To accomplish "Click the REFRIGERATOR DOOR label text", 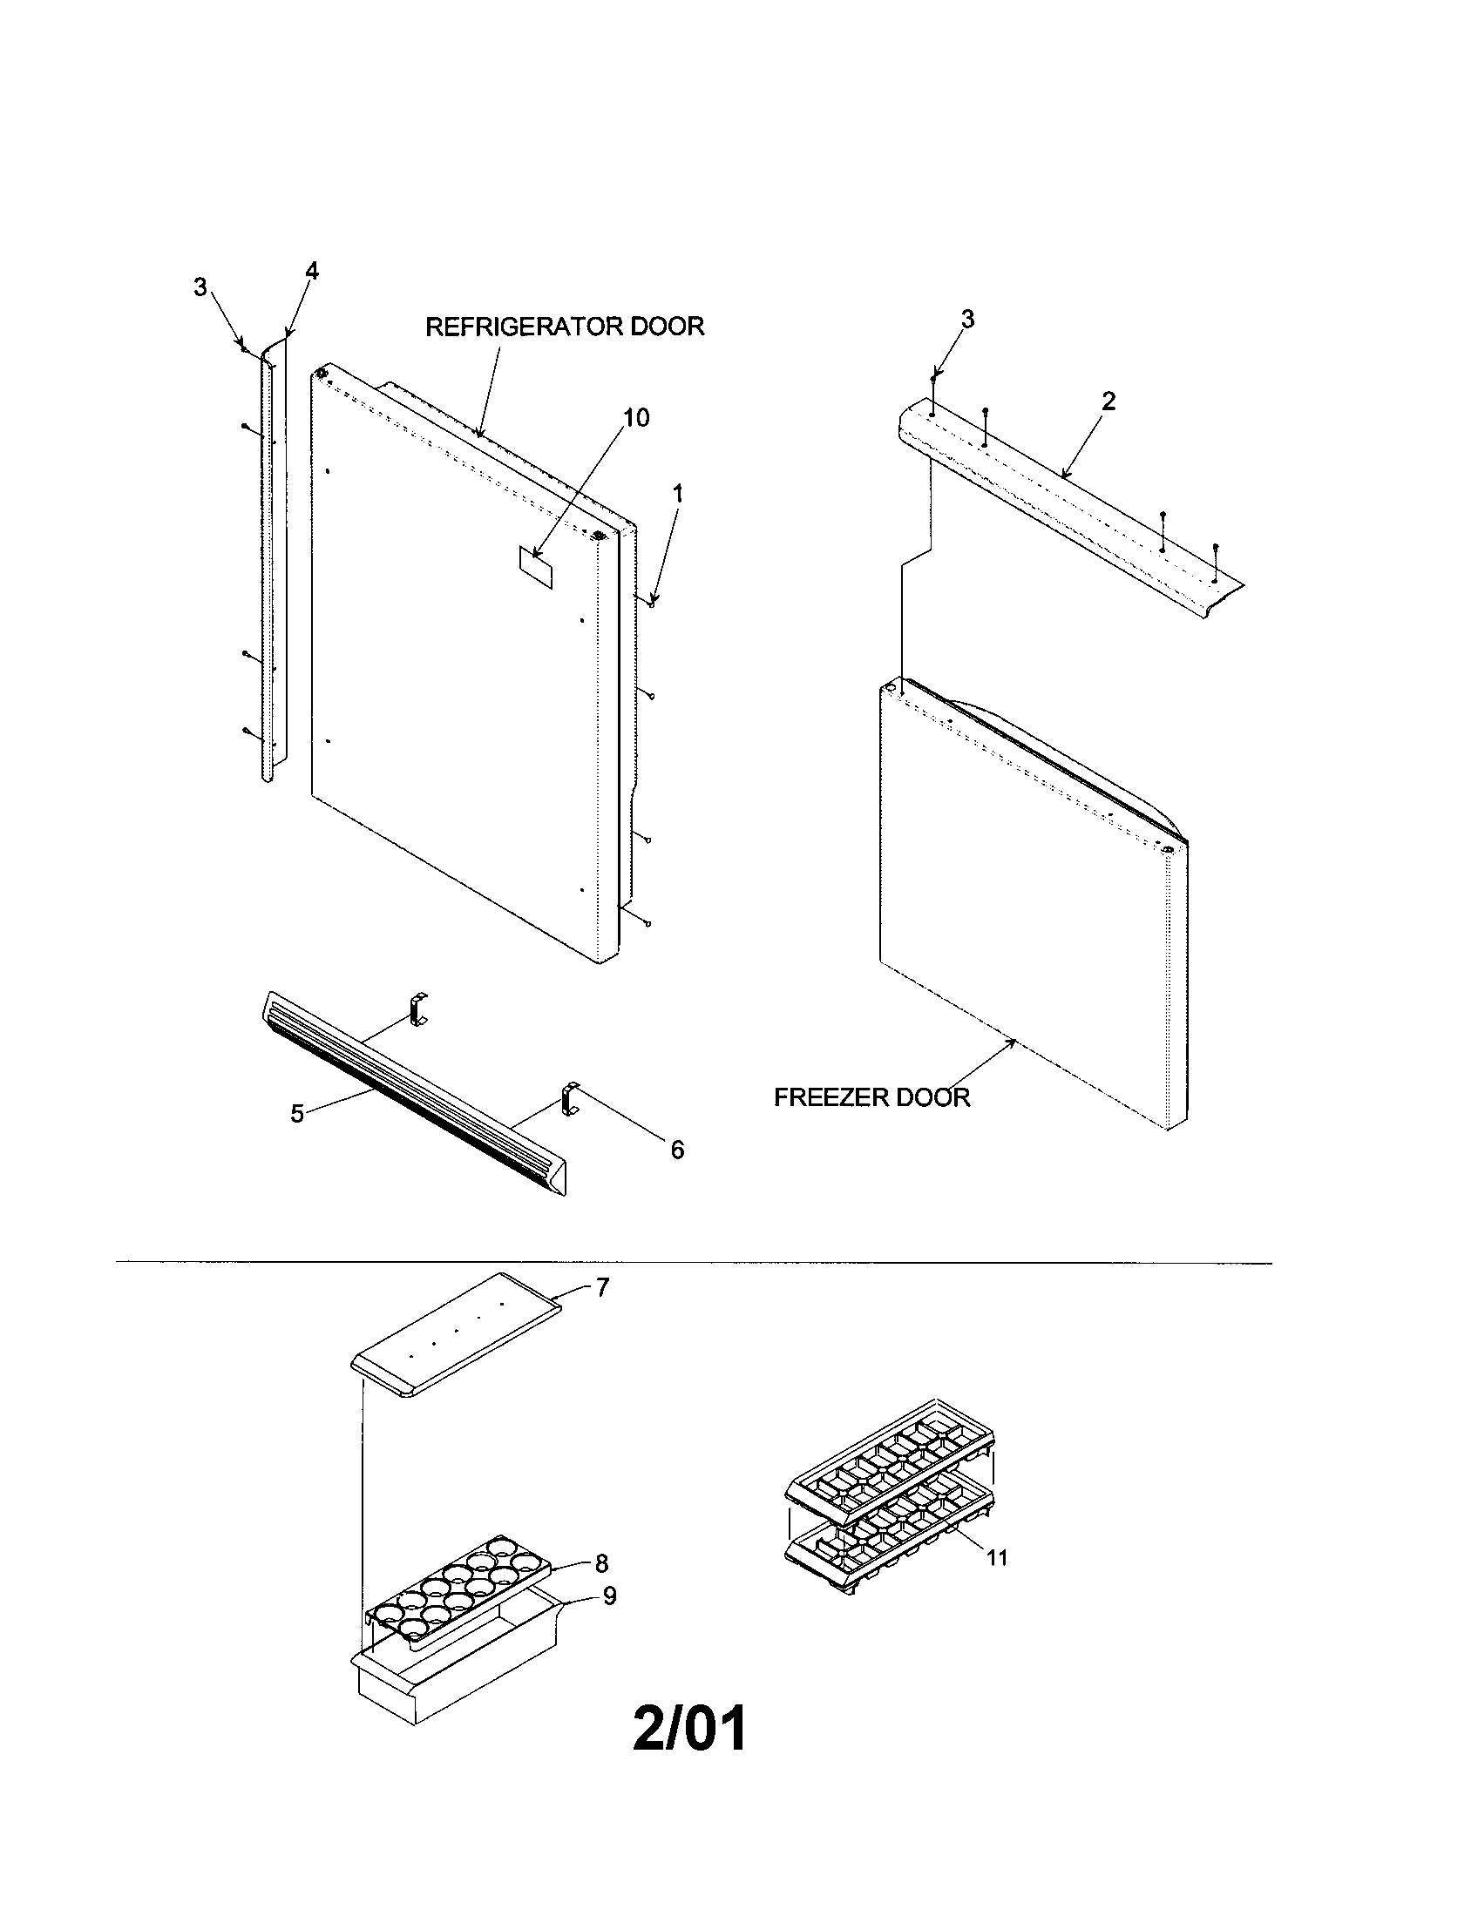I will coord(565,327).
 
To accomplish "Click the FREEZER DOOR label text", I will coord(871,1097).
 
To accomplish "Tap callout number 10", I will coord(636,417).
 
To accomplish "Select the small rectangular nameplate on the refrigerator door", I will coord(536,568).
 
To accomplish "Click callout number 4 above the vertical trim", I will coord(312,271).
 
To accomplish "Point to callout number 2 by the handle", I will coord(1108,401).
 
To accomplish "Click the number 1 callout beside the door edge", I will coord(676,494).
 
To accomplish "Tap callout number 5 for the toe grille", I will coord(297,1114).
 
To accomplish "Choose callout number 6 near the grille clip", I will coord(676,1150).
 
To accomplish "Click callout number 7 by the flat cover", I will coord(602,1288).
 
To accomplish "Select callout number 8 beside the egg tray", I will coord(601,1563).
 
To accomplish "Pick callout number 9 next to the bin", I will coord(609,1596).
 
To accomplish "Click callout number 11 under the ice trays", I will coord(996,1558).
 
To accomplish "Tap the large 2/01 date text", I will coord(690,1728).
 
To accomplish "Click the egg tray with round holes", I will coord(461,1586).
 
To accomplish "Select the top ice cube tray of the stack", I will coord(891,1459).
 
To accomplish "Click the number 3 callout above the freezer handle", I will coord(967,320).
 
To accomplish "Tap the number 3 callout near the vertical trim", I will coord(200,287).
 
